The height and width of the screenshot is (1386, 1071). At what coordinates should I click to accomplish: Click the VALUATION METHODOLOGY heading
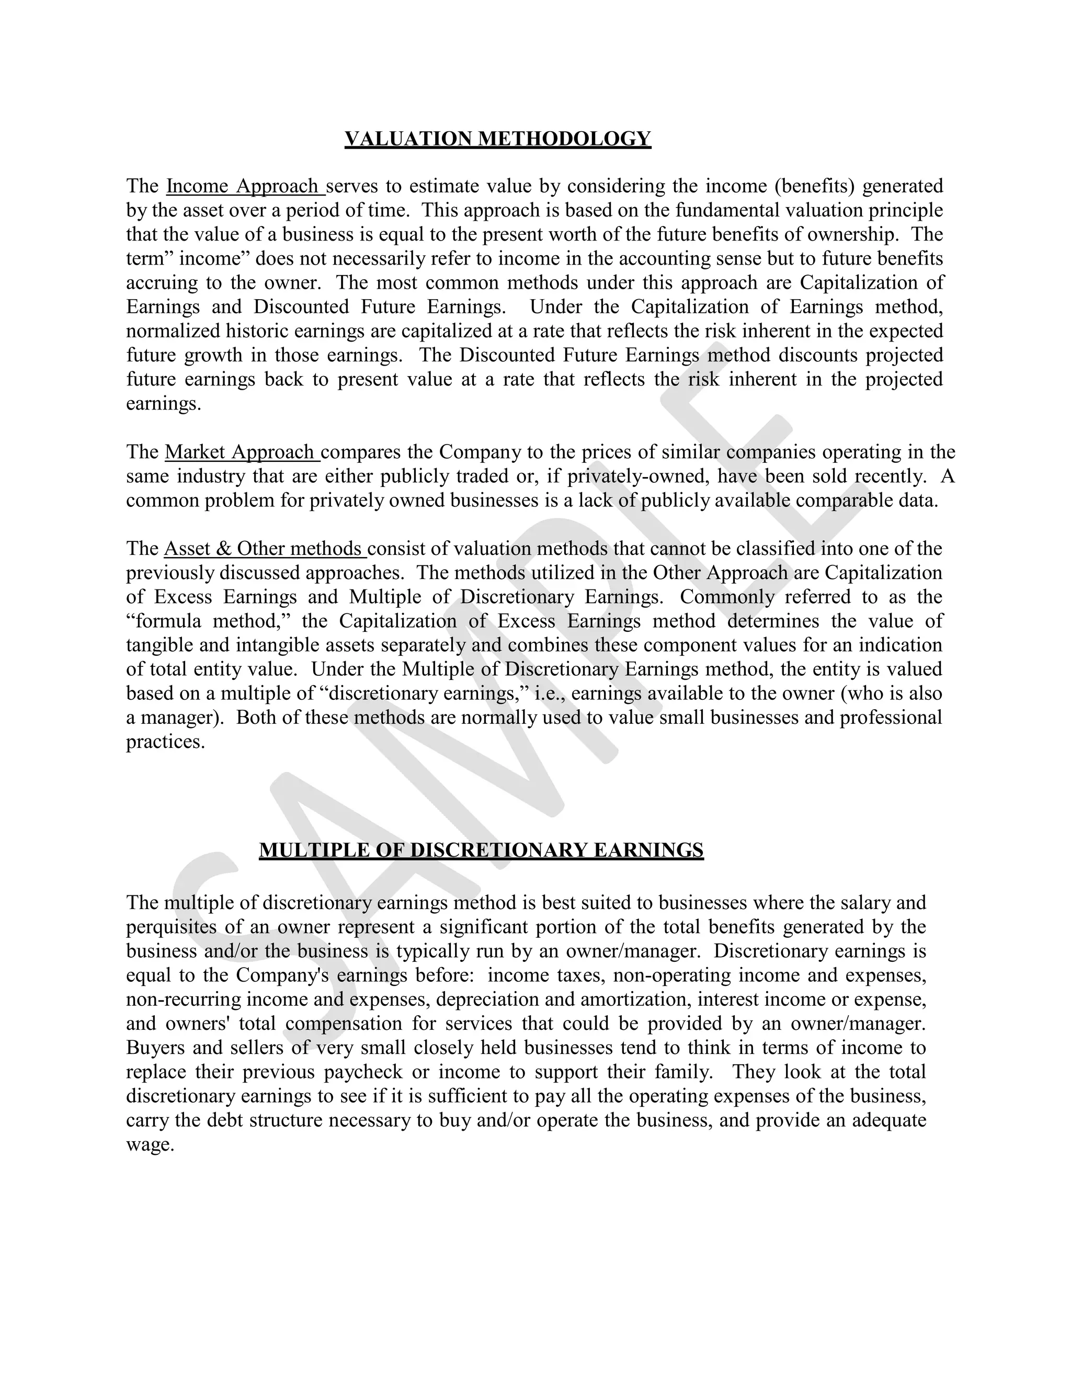point(497,139)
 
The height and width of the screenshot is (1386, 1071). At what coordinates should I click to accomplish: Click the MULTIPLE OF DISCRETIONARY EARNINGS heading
point(481,850)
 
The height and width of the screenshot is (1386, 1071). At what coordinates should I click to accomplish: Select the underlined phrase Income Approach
point(244,186)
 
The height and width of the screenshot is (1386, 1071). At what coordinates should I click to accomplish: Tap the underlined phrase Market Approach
point(241,452)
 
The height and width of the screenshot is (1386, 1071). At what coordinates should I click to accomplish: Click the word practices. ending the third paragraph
point(166,741)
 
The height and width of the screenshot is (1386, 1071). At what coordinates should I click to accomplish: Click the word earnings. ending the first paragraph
point(163,404)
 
